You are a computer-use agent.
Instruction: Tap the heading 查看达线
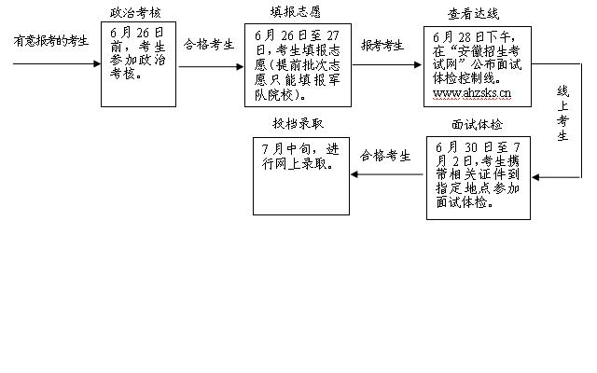476,14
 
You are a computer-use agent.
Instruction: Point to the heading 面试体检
477,124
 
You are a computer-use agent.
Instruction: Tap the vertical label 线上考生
562,114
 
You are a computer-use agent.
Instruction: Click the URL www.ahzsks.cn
472,94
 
